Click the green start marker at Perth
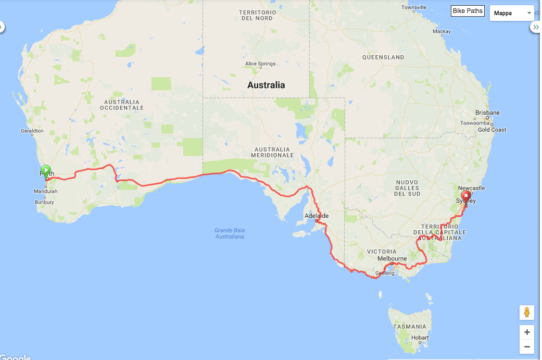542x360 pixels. click(x=46, y=171)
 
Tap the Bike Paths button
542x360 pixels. click(x=468, y=11)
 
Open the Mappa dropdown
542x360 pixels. click(x=513, y=13)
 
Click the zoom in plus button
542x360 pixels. click(x=527, y=332)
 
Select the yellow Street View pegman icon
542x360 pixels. click(x=527, y=313)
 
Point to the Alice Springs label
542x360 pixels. click(x=260, y=64)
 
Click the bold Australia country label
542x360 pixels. click(x=266, y=85)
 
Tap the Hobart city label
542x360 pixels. click(x=419, y=338)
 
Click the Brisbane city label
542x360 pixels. click(x=487, y=113)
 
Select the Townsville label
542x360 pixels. click(x=414, y=7)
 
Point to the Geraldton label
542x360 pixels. click(x=32, y=131)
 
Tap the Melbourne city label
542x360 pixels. click(x=392, y=258)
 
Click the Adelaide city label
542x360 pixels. click(x=317, y=216)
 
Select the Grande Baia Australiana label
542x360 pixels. click(x=230, y=233)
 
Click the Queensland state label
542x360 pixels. click(x=383, y=57)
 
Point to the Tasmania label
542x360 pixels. click(x=410, y=327)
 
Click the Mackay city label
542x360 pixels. click(x=442, y=31)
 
